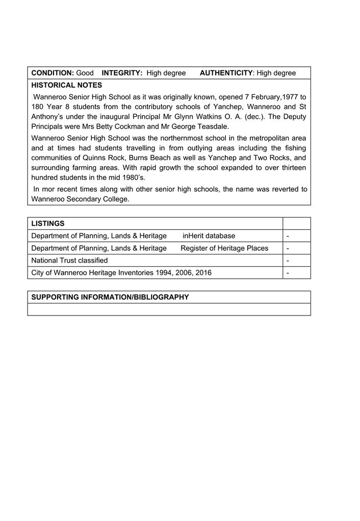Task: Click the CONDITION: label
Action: tap(53, 73)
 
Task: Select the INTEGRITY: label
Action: tap(122, 73)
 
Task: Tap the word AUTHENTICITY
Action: tap(226, 73)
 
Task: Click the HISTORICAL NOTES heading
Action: tap(67, 85)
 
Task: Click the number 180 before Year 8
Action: tap(38, 107)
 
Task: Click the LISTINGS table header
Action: tap(48, 223)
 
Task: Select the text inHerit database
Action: tap(209, 236)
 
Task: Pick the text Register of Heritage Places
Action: tap(224, 248)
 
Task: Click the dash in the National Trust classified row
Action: tap(288, 260)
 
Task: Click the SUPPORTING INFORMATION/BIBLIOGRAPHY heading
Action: tap(110, 297)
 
